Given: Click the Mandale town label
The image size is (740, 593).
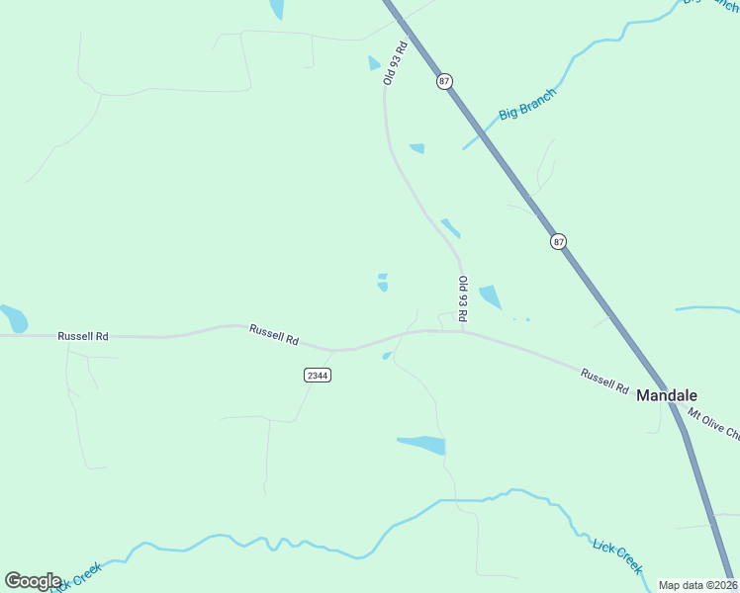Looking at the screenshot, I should [x=667, y=394].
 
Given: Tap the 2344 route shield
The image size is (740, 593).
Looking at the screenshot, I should [x=317, y=376].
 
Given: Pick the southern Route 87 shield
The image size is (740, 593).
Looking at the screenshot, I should [x=559, y=241].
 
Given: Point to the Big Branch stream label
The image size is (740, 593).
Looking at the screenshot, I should [x=527, y=104].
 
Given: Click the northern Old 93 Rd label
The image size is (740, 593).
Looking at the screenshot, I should [x=396, y=63].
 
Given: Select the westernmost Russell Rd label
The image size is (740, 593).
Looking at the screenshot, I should [x=82, y=336].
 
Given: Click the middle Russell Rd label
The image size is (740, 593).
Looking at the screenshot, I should [x=274, y=334].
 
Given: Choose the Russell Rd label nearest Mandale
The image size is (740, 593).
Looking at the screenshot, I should [x=604, y=381].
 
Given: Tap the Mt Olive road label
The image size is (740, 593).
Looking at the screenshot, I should [x=713, y=425].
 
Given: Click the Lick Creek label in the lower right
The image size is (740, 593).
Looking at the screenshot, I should [x=617, y=555].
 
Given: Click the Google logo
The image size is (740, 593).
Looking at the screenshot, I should [x=33, y=581].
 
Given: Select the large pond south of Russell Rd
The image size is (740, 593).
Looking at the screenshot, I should [x=424, y=445].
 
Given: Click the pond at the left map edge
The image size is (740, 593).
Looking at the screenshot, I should [x=13, y=318].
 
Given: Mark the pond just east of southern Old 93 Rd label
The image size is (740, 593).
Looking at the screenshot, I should [x=490, y=296].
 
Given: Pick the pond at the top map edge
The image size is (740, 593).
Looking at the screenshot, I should [x=276, y=9].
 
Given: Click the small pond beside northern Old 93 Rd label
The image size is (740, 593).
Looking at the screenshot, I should [x=374, y=63].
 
